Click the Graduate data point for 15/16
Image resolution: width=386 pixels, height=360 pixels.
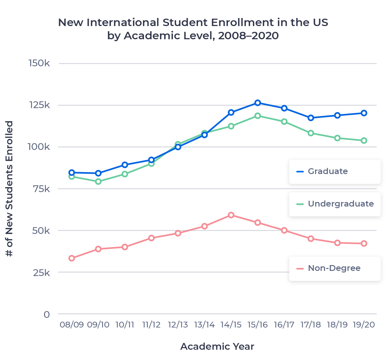coord(257,103)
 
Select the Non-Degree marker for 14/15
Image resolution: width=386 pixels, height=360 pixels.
coord(231,215)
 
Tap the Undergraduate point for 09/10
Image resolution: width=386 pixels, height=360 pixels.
coord(98,181)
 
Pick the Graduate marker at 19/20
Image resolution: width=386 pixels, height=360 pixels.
coord(364,113)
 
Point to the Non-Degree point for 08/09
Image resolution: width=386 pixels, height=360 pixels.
coord(72,258)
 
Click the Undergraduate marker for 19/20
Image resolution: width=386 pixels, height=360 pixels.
coord(364,141)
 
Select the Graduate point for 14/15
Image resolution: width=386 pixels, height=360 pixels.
coord(231,112)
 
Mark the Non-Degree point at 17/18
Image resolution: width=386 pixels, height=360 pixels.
coord(311,239)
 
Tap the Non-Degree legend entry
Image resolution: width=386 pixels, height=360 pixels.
coord(334,268)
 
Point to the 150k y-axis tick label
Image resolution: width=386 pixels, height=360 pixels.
coord(39,63)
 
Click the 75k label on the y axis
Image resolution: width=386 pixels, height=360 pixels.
coord(41,189)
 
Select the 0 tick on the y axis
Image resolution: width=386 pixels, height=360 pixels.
coord(47,314)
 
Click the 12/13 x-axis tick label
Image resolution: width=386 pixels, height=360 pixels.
coord(178,325)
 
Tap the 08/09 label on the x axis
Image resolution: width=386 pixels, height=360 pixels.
coord(72,325)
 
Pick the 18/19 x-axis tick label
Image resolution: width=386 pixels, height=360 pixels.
coord(337,325)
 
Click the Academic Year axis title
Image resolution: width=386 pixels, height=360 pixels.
coord(217,346)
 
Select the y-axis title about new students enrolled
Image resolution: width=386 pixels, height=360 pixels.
coord(10,189)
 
